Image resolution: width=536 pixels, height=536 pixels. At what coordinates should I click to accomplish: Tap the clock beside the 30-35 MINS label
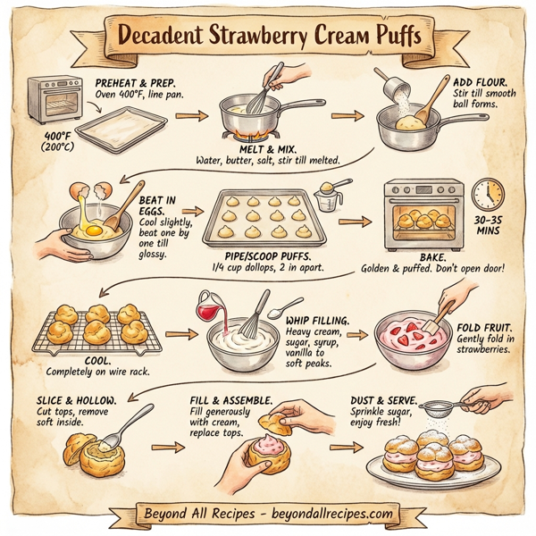[x=488, y=194]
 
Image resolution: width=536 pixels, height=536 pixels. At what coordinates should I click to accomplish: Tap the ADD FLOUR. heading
[x=480, y=81]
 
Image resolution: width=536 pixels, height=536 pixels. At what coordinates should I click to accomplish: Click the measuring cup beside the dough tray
[x=329, y=195]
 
